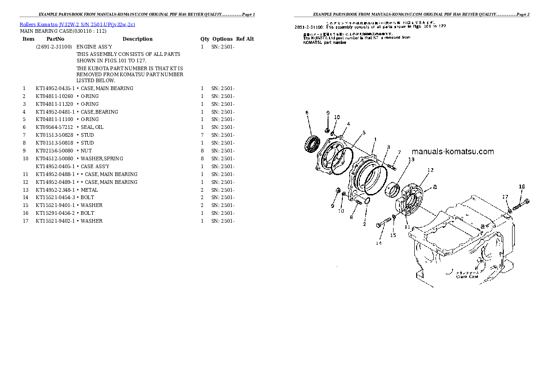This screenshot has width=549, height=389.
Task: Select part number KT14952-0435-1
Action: [55, 88]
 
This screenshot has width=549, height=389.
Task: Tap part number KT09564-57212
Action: [54, 127]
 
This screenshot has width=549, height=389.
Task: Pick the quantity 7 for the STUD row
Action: [202, 135]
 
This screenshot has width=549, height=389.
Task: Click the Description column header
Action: [137, 39]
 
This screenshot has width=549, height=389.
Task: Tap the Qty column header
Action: [204, 39]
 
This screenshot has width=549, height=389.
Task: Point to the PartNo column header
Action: [55, 39]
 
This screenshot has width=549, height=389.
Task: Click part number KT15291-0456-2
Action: [55, 213]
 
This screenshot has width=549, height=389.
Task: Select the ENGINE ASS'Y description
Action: [94, 47]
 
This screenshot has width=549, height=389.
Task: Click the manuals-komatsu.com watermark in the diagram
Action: [452, 152]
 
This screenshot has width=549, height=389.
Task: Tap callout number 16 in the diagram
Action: [522, 187]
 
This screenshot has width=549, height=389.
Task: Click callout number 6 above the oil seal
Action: [306, 112]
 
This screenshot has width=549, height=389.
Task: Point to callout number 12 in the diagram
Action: [430, 170]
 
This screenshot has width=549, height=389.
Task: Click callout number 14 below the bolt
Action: [379, 243]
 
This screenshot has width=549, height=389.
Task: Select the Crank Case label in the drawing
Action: [467, 276]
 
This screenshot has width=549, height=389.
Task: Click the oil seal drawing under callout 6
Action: [311, 140]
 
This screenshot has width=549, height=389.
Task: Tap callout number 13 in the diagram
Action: [411, 159]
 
